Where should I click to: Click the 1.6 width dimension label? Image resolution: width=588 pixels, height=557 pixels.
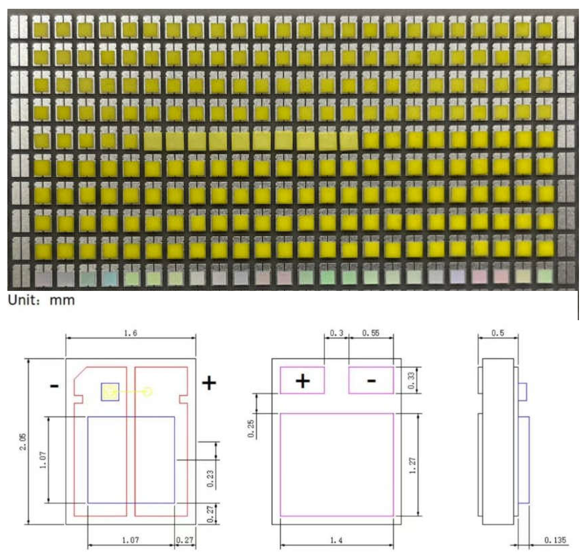pyautogui.click(x=131, y=333)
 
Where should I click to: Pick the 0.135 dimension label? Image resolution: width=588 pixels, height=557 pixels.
pyautogui.click(x=555, y=540)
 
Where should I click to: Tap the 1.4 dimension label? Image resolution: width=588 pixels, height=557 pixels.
pyautogui.click(x=337, y=540)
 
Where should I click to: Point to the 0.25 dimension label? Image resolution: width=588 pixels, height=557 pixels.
pyautogui.click(x=251, y=428)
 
